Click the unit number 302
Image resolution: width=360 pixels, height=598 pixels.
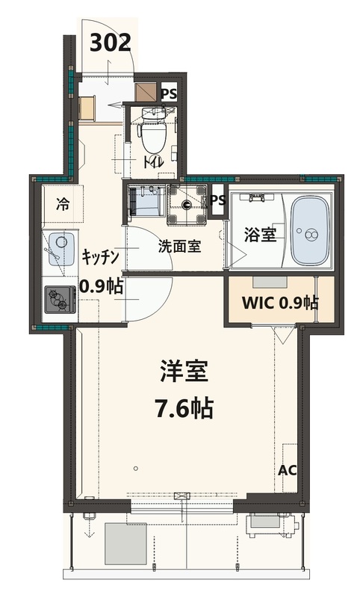[111, 43]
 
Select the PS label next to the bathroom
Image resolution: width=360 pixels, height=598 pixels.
[217, 200]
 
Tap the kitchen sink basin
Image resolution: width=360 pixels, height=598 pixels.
[60, 246]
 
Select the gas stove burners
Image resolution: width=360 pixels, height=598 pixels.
[58, 300]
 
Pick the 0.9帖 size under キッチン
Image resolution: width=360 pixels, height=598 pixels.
[101, 286]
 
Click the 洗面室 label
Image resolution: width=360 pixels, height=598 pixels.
[179, 247]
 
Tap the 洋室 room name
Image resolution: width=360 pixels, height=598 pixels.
[183, 372]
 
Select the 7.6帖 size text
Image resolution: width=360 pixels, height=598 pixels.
[183, 408]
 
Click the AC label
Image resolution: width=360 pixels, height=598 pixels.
[287, 470]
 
